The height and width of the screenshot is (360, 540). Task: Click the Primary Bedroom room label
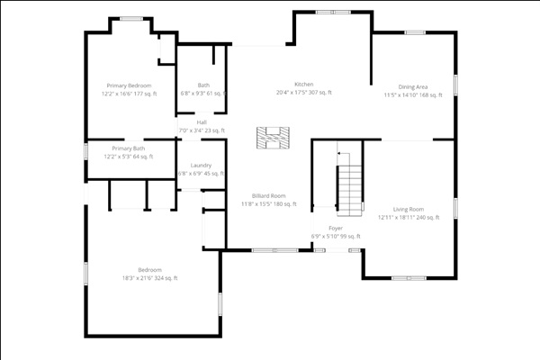[128, 85]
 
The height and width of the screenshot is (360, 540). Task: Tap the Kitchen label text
[303, 85]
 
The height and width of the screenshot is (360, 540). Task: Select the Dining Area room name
[413, 86]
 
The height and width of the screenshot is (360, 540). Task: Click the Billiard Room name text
[268, 196]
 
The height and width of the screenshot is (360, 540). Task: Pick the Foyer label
[335, 229]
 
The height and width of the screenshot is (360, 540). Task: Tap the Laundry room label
[201, 166]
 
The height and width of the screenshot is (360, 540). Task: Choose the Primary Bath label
[129, 148]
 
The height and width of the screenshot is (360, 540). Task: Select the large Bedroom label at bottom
[149, 270]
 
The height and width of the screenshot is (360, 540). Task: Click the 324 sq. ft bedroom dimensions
[149, 278]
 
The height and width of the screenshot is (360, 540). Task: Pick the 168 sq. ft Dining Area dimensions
[413, 94]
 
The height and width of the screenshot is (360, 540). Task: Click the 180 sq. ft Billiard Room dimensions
[268, 204]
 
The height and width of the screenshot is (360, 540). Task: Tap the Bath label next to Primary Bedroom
[203, 85]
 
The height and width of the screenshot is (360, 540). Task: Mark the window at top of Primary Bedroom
[131, 18]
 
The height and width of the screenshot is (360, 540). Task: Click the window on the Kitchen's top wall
[328, 12]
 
